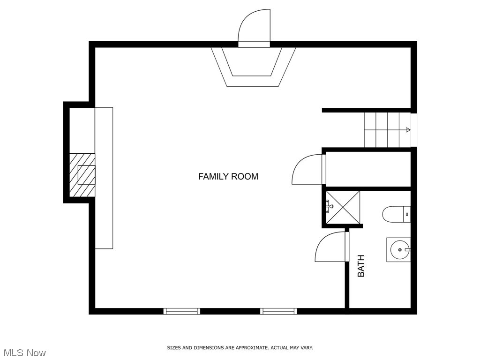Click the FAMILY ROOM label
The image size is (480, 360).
(x=228, y=177)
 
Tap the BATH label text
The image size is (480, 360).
(x=361, y=265)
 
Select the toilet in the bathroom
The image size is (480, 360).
(x=396, y=214)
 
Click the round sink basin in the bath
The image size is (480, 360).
(x=399, y=250)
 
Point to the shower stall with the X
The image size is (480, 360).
(x=343, y=207)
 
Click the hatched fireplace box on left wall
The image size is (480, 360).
(x=82, y=175)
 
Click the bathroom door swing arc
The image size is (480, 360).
(x=330, y=247)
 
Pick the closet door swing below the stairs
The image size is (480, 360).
(x=307, y=170)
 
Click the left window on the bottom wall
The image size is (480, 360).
(x=182, y=311)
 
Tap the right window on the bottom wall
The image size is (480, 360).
(x=278, y=311)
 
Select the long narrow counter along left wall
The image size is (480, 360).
(x=104, y=178)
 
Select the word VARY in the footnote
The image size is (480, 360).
(x=306, y=348)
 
